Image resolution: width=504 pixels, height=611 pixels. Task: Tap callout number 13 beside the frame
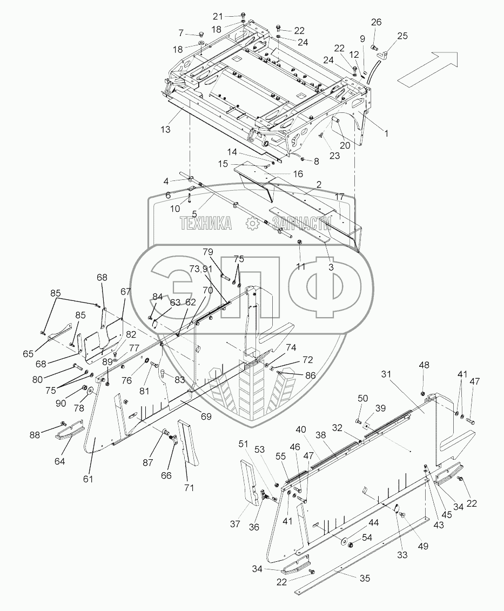(x=165, y=130)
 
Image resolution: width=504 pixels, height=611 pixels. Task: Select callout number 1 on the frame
(x=386, y=132)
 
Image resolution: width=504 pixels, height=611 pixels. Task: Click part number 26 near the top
(x=376, y=22)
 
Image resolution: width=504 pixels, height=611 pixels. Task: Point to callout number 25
(x=402, y=36)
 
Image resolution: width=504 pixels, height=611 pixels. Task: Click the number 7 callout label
(x=181, y=32)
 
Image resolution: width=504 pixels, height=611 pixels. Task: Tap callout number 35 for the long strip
(x=365, y=578)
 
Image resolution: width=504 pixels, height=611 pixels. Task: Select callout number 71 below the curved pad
(x=189, y=488)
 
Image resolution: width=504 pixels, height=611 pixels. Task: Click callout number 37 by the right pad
(x=236, y=523)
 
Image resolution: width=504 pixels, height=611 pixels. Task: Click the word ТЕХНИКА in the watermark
(x=206, y=223)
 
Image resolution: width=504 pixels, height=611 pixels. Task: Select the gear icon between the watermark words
(x=251, y=223)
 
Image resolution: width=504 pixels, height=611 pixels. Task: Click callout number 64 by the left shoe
(x=59, y=461)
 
